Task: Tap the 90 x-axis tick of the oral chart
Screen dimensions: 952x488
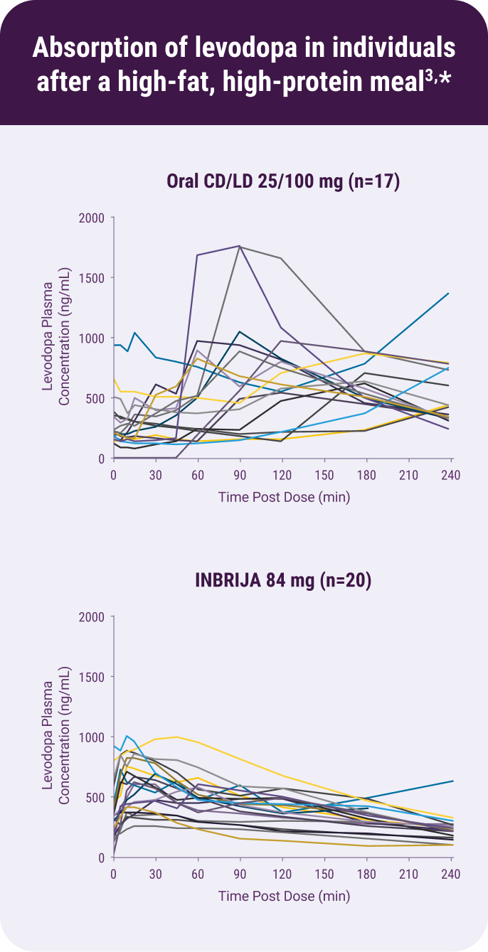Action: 240,474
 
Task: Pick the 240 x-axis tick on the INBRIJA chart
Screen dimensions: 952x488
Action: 450,874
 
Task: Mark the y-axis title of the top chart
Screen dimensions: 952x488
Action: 56,338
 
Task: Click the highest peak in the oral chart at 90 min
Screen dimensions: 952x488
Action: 240,246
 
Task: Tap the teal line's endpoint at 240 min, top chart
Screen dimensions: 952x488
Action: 449,293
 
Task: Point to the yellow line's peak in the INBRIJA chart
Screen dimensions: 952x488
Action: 176,737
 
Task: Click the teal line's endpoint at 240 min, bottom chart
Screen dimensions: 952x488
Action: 452,781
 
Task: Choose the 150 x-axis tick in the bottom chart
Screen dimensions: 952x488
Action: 324,874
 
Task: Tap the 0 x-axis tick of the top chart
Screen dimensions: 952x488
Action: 114,474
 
